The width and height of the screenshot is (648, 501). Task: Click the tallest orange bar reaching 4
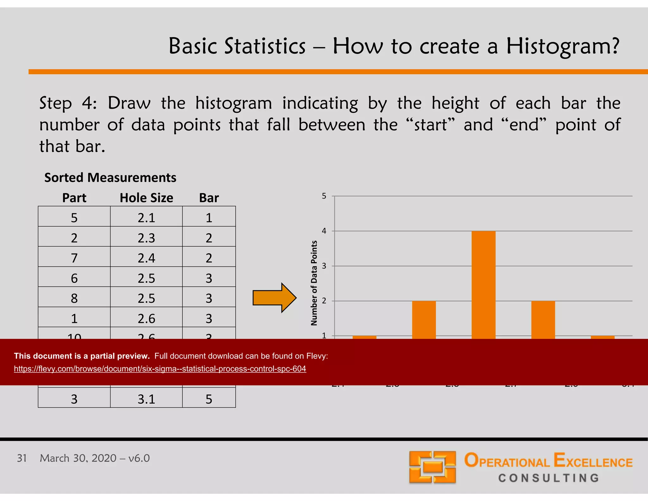tap(483, 285)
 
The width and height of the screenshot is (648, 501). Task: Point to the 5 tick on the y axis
tap(324, 196)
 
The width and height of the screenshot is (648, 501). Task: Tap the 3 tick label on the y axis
tap(324, 266)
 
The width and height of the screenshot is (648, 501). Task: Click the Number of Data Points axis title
tap(314, 283)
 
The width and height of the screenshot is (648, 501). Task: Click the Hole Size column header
tap(146, 198)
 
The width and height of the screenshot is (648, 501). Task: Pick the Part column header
tap(74, 198)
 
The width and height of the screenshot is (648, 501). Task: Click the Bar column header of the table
tap(209, 198)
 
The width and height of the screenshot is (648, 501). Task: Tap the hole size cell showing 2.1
tap(146, 218)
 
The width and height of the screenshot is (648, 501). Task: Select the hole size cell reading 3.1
tap(146, 399)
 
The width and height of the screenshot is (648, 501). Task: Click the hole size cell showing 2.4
tap(146, 258)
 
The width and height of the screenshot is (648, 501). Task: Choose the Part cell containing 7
tap(74, 258)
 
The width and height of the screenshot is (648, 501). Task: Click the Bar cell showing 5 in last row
tap(209, 399)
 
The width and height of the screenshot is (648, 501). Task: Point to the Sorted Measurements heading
tap(110, 178)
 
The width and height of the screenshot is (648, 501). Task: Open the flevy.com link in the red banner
tap(160, 369)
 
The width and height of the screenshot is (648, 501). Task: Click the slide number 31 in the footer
tap(22, 458)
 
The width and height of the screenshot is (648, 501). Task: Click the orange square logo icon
tap(432, 467)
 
